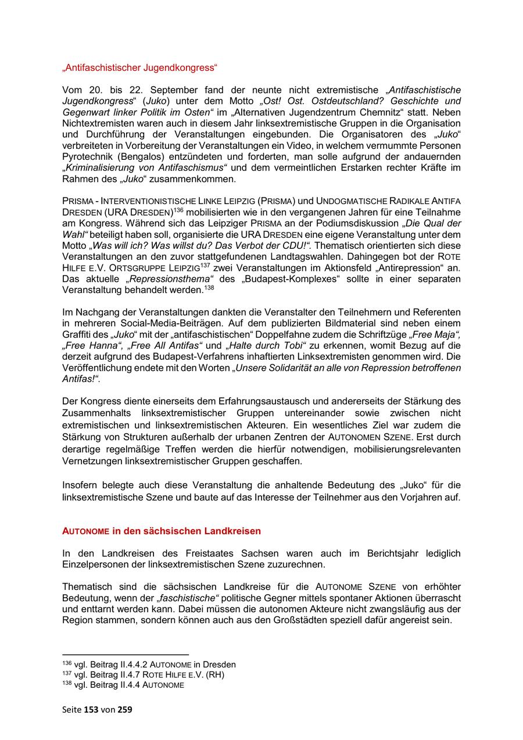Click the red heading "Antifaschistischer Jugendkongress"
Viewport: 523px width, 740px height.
[139, 68]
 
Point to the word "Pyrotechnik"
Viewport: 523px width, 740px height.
[87, 157]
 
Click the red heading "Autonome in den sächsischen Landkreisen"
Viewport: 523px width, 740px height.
[162, 531]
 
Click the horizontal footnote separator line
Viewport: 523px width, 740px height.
[126, 655]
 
